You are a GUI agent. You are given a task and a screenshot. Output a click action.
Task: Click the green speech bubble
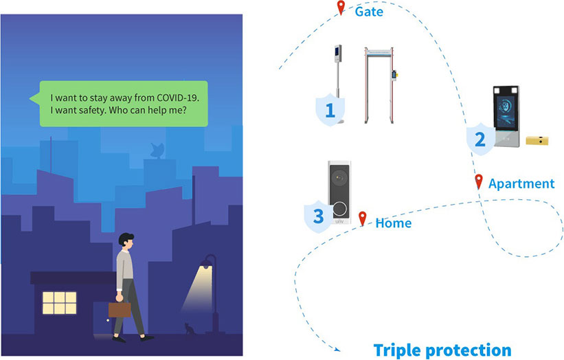point(124,104)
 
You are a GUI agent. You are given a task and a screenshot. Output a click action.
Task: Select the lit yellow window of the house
point(59,300)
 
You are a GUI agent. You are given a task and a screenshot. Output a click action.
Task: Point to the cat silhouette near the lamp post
point(188,329)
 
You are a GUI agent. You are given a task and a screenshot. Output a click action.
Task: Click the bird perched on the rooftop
point(157,150)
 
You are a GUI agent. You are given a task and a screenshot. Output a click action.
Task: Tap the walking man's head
point(126,241)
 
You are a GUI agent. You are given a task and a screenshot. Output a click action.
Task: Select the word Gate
point(369,12)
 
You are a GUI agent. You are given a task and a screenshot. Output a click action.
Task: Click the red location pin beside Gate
point(340,8)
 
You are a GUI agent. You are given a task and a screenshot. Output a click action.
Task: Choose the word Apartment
point(521,183)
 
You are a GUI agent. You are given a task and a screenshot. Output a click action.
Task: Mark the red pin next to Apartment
point(479,182)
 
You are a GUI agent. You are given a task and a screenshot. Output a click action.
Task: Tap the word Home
point(393,223)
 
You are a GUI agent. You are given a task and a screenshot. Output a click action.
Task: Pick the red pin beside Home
point(363,218)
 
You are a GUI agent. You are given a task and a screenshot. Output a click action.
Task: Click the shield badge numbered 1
point(330,110)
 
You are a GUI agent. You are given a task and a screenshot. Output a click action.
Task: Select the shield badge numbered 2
point(480,139)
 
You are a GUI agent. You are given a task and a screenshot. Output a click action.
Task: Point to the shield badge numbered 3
point(318,216)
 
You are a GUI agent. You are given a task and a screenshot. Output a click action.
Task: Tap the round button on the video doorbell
point(340,208)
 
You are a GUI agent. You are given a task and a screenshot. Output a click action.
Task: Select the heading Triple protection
point(442,349)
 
